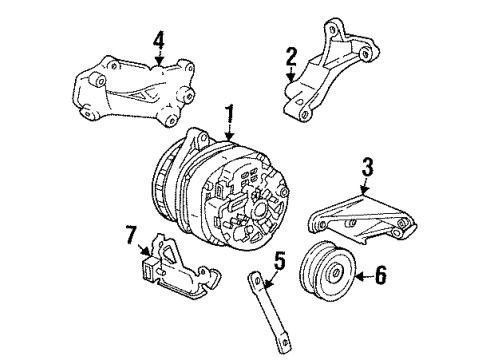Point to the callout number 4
[x=158, y=40]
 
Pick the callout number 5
[x=279, y=263]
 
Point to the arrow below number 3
[x=366, y=188]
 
